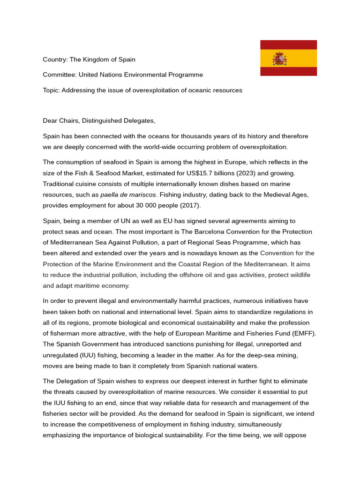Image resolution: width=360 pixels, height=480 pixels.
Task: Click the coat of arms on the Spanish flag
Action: coord(280,59)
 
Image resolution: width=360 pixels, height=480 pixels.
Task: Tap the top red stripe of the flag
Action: coord(288,45)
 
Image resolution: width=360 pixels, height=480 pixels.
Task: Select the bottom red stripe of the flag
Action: coord(288,71)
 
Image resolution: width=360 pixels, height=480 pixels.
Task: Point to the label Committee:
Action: coord(60,75)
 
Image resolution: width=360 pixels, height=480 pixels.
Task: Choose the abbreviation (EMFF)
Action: coord(300,333)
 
